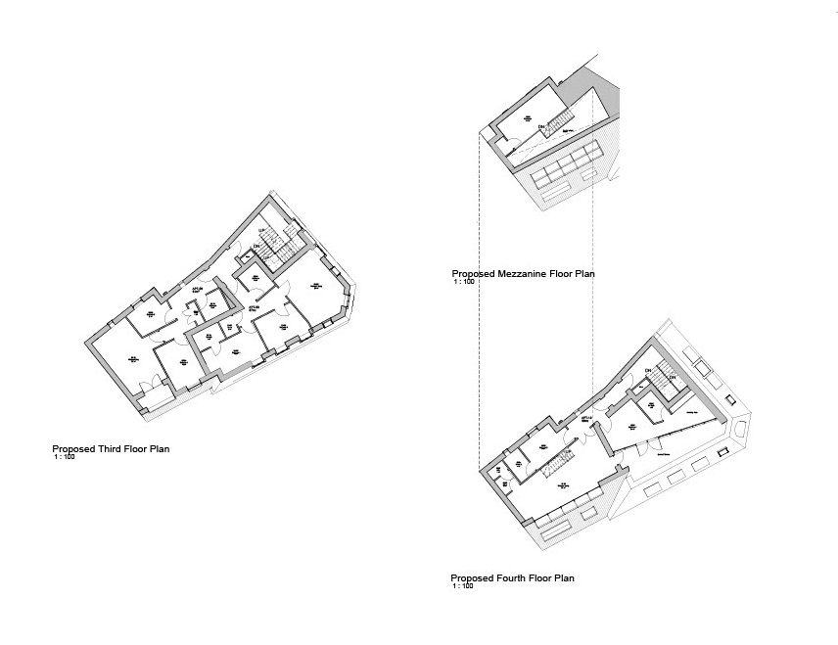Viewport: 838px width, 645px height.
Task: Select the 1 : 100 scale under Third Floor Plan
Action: pyautogui.click(x=65, y=457)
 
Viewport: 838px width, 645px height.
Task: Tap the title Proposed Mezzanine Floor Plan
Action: pyautogui.click(x=523, y=274)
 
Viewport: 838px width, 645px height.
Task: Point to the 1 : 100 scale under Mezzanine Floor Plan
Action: pyautogui.click(x=464, y=282)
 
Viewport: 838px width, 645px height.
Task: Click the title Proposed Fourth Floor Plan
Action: pyautogui.click(x=512, y=578)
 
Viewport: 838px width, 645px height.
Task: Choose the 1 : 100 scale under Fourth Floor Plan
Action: pyautogui.click(x=463, y=586)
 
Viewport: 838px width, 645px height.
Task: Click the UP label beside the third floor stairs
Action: pyautogui.click(x=261, y=231)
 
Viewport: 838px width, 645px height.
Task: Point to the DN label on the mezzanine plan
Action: pyautogui.click(x=539, y=126)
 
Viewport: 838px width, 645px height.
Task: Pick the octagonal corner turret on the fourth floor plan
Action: pyautogui.click(x=741, y=429)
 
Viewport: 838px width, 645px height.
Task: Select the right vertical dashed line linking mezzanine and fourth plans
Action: pyautogui.click(x=593, y=294)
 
